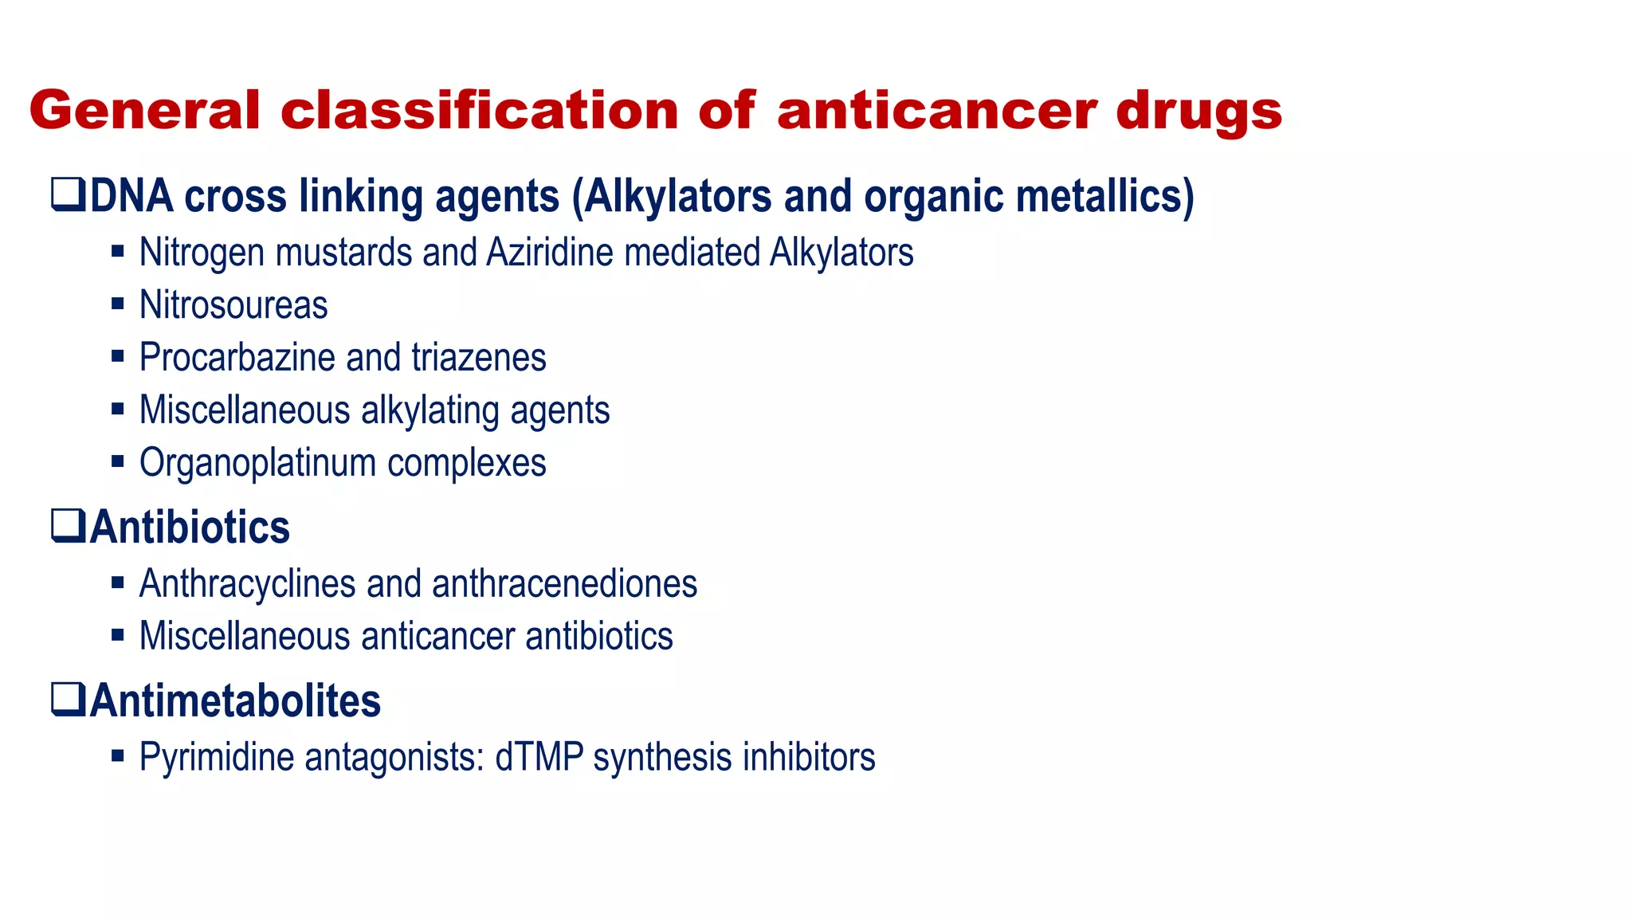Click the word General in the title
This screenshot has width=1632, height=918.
click(144, 110)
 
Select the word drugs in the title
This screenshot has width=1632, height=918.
click(1198, 112)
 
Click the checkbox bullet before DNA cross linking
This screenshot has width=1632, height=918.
click(68, 194)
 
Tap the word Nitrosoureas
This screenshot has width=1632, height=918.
click(233, 305)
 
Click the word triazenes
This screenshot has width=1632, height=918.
click(479, 358)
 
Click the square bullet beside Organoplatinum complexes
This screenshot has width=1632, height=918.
click(118, 461)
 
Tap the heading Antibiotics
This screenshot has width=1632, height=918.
click(190, 528)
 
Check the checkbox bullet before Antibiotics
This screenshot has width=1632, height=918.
click(68, 525)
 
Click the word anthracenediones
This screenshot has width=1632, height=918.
click(564, 584)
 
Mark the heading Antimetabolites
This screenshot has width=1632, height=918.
click(235, 701)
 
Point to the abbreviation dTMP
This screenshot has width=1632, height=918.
click(539, 757)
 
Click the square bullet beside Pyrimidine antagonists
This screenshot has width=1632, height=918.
click(118, 755)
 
